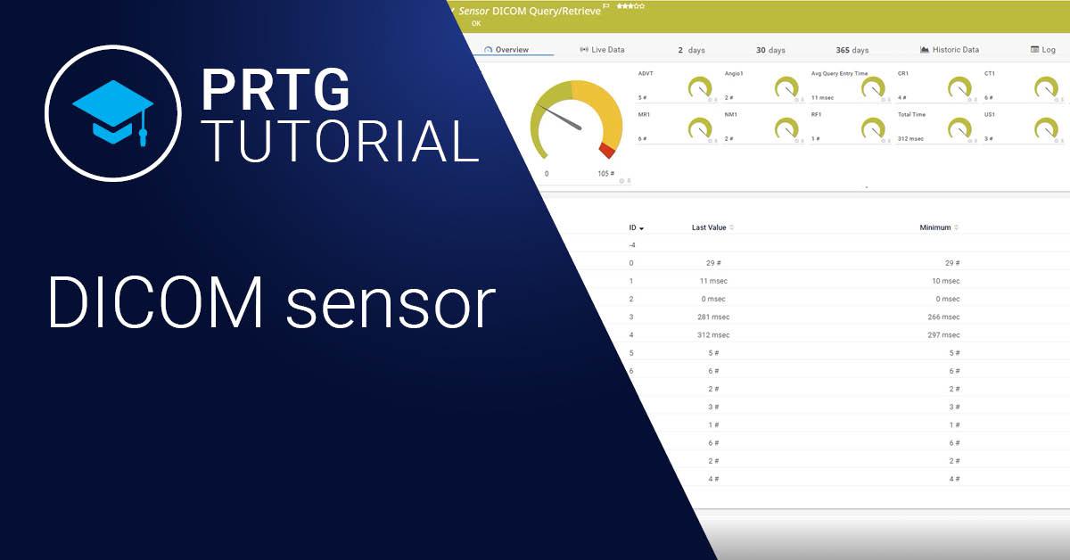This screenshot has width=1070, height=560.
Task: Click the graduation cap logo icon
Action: click(114, 111)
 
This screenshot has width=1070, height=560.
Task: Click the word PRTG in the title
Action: click(275, 91)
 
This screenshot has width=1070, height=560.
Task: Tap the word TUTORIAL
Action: click(340, 141)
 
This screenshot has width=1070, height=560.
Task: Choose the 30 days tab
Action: click(770, 50)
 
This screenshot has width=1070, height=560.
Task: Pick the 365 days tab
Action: click(852, 50)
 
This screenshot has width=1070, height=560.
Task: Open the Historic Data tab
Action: click(950, 50)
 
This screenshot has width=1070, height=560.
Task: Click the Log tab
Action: click(1043, 50)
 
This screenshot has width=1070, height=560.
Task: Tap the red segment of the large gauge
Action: click(608, 149)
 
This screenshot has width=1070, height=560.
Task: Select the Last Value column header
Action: click(710, 227)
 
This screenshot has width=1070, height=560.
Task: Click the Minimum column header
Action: click(935, 227)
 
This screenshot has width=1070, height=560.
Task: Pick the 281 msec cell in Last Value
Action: click(713, 317)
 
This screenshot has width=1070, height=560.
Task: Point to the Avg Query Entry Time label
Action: click(839, 73)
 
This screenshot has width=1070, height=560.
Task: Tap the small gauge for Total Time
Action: click(959, 128)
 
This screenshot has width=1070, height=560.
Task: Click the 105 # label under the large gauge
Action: click(605, 174)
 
